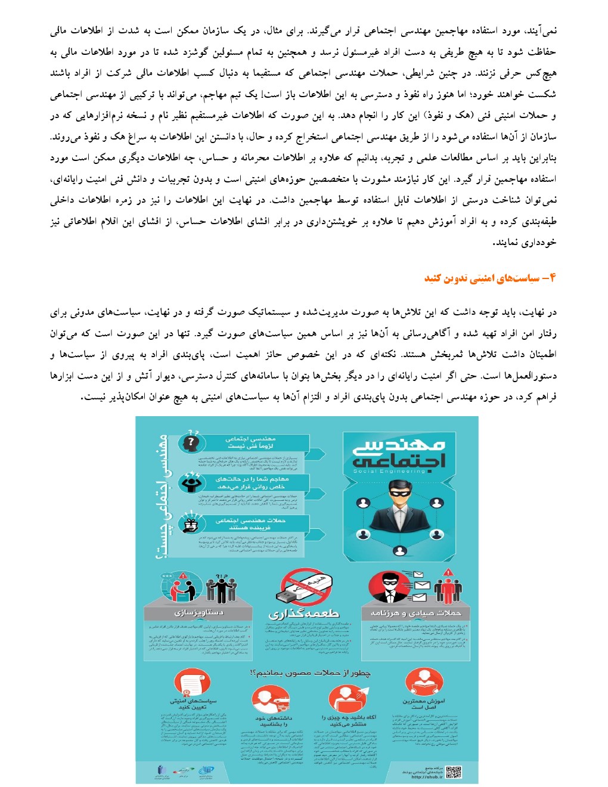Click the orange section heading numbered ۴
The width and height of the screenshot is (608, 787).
(x=490, y=278)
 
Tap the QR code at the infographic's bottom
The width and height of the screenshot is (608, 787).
(x=453, y=772)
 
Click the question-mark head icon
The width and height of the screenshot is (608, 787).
(x=191, y=442)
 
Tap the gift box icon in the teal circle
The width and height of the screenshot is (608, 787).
(x=191, y=525)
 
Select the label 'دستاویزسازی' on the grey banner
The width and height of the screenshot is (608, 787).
(x=199, y=613)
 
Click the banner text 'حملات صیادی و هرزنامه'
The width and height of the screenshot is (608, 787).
(x=416, y=613)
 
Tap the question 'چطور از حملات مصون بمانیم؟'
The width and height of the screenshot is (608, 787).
(x=310, y=673)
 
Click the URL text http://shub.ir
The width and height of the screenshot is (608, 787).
(x=427, y=777)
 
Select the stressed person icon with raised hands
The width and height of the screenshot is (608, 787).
(x=191, y=482)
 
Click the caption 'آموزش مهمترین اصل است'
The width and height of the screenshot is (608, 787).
(x=423, y=704)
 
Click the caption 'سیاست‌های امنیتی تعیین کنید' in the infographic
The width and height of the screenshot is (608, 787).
(x=193, y=704)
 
